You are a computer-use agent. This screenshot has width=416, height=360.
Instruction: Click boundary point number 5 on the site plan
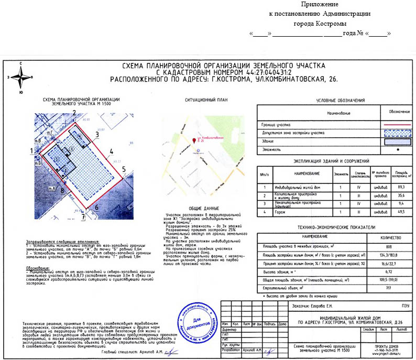click(x=124, y=169)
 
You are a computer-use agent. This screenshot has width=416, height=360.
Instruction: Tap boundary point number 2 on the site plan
click(x=74, y=112)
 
